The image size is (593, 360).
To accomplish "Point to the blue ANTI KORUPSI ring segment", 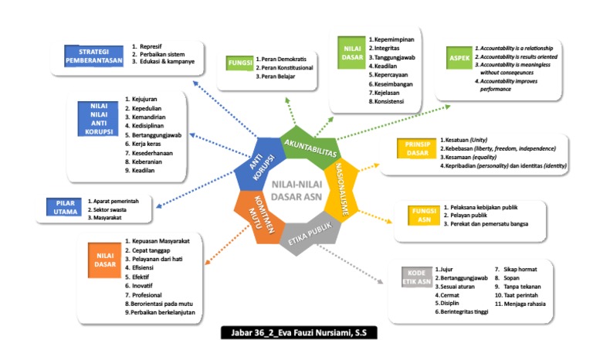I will pos(261,158).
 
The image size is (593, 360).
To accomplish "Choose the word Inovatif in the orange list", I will pos(142,285).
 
